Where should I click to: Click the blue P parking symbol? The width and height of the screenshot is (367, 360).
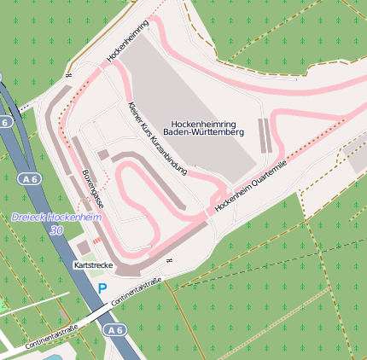click(102, 289)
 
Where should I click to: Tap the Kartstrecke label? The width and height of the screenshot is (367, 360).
click(93, 266)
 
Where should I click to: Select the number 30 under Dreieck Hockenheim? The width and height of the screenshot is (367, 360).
click(56, 230)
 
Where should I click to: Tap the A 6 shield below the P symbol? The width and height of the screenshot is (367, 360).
click(114, 329)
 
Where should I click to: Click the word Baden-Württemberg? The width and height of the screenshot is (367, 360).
click(203, 132)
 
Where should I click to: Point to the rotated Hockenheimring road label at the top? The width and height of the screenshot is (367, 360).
click(128, 40)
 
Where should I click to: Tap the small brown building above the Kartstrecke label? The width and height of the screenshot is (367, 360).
click(84, 247)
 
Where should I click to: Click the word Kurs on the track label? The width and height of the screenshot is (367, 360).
click(146, 128)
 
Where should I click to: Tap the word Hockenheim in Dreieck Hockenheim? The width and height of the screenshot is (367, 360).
click(77, 218)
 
